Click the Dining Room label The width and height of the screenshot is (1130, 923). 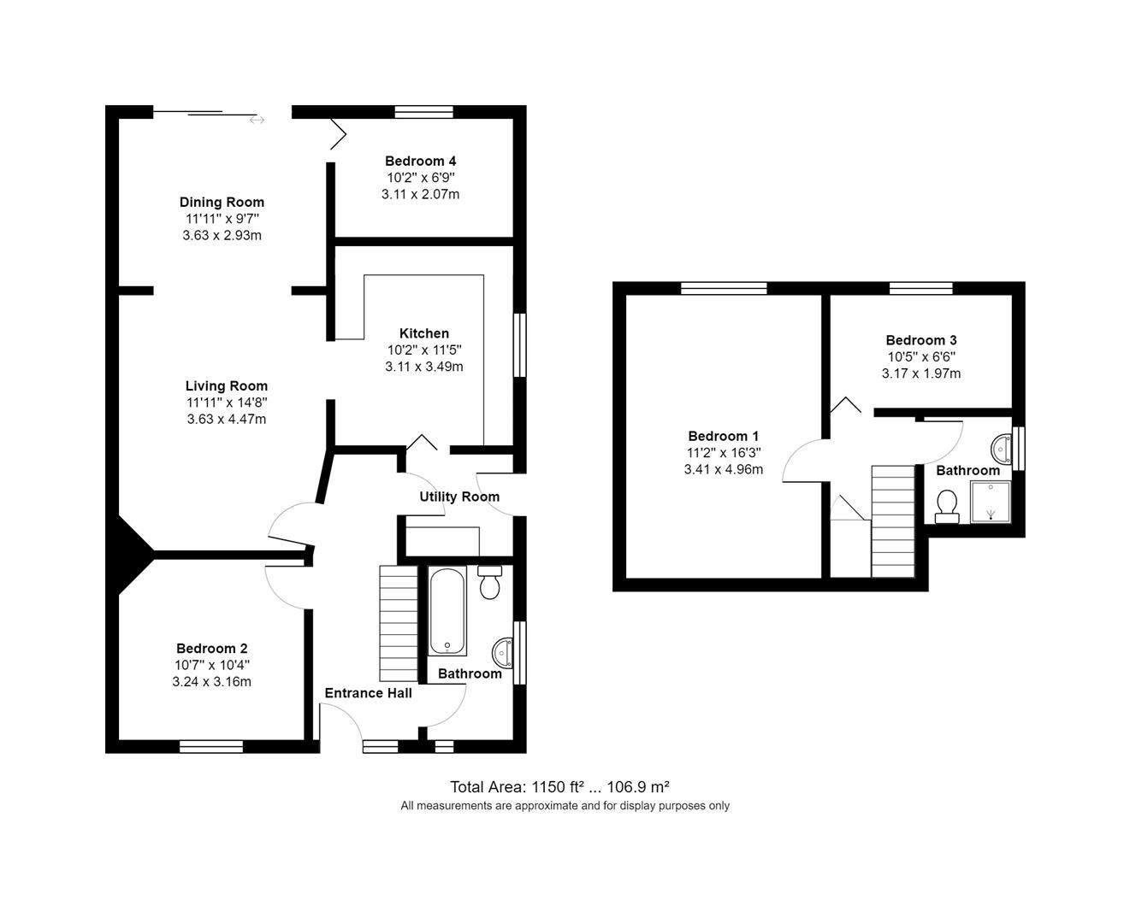pos(222,203)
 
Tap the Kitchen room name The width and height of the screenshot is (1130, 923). pos(423,333)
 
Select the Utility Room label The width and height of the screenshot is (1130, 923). pos(459,497)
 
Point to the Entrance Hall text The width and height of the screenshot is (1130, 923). pos(368,693)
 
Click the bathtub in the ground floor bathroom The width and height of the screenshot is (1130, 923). pos(447,610)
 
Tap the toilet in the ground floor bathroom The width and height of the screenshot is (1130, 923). pos(490,583)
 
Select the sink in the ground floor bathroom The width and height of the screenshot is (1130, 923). pos(503,653)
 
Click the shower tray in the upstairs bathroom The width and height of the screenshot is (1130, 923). pos(990,502)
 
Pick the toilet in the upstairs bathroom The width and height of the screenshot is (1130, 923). pos(946,506)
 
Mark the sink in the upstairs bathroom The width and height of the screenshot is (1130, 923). pos(1001,447)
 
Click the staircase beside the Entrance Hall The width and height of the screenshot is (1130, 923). pos(397,623)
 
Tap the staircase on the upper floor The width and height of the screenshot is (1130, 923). pos(893,521)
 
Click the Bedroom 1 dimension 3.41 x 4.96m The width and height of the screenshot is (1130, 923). pos(723,469)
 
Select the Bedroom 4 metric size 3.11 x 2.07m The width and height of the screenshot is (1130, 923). pos(420,194)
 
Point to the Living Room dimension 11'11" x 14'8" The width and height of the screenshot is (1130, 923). pos(227,403)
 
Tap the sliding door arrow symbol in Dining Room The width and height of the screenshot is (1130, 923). pos(257,121)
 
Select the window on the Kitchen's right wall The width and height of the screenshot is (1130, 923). pos(519,345)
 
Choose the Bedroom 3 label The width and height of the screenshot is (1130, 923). pos(920,340)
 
